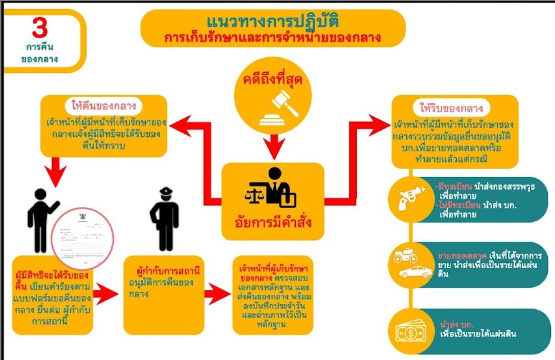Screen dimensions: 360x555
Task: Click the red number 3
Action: pyautogui.click(x=39, y=28)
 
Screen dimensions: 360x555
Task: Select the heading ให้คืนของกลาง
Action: pyautogui.click(x=104, y=107)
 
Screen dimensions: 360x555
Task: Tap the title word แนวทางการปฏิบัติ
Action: pyautogui.click(x=273, y=22)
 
